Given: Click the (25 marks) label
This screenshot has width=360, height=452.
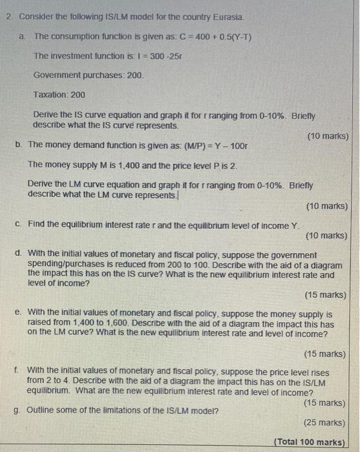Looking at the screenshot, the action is (324, 423).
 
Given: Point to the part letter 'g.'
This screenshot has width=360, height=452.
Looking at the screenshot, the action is (17, 411).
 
